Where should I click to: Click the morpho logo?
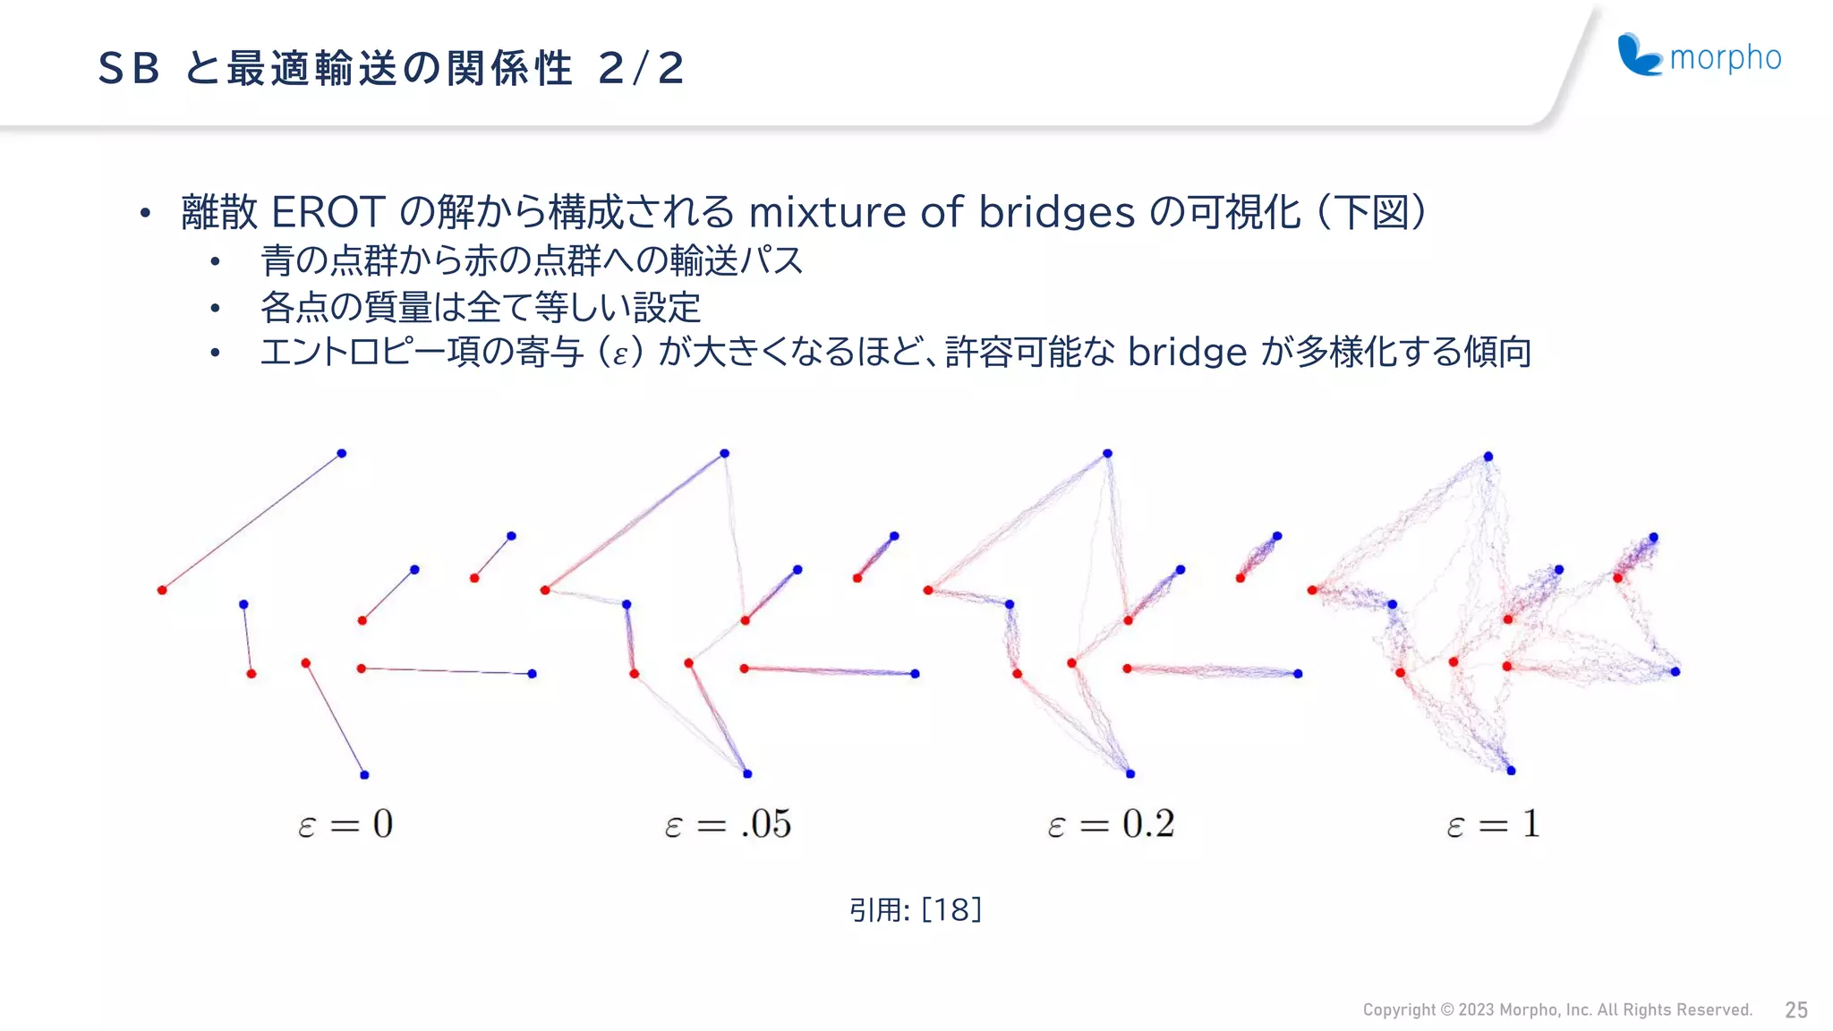pyautogui.click(x=1699, y=55)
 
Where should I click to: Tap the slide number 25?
pyautogui.click(x=1795, y=1010)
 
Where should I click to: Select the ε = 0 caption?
pyautogui.click(x=345, y=823)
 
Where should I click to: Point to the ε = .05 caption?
pyautogui.click(x=728, y=823)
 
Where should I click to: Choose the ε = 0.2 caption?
pyautogui.click(x=1111, y=823)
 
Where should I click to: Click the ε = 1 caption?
pyautogui.click(x=1493, y=823)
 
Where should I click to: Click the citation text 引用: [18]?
pyautogui.click(x=915, y=909)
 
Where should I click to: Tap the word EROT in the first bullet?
pyautogui.click(x=328, y=212)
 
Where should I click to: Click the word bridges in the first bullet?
pyautogui.click(x=1057, y=214)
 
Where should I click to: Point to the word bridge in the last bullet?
pyautogui.click(x=1187, y=353)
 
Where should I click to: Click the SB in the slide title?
pyautogui.click(x=129, y=68)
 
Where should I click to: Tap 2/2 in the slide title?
pyautogui.click(x=641, y=68)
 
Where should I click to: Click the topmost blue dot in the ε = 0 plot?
pyautogui.click(x=341, y=454)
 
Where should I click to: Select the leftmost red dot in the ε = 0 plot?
pyautogui.click(x=162, y=590)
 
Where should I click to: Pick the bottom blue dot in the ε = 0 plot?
pyautogui.click(x=364, y=774)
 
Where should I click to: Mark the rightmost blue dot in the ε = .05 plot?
pyautogui.click(x=915, y=673)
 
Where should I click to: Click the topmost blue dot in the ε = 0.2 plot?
pyautogui.click(x=1107, y=454)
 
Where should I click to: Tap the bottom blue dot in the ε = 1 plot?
pyautogui.click(x=1511, y=771)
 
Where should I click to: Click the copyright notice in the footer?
pyautogui.click(x=1556, y=1010)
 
